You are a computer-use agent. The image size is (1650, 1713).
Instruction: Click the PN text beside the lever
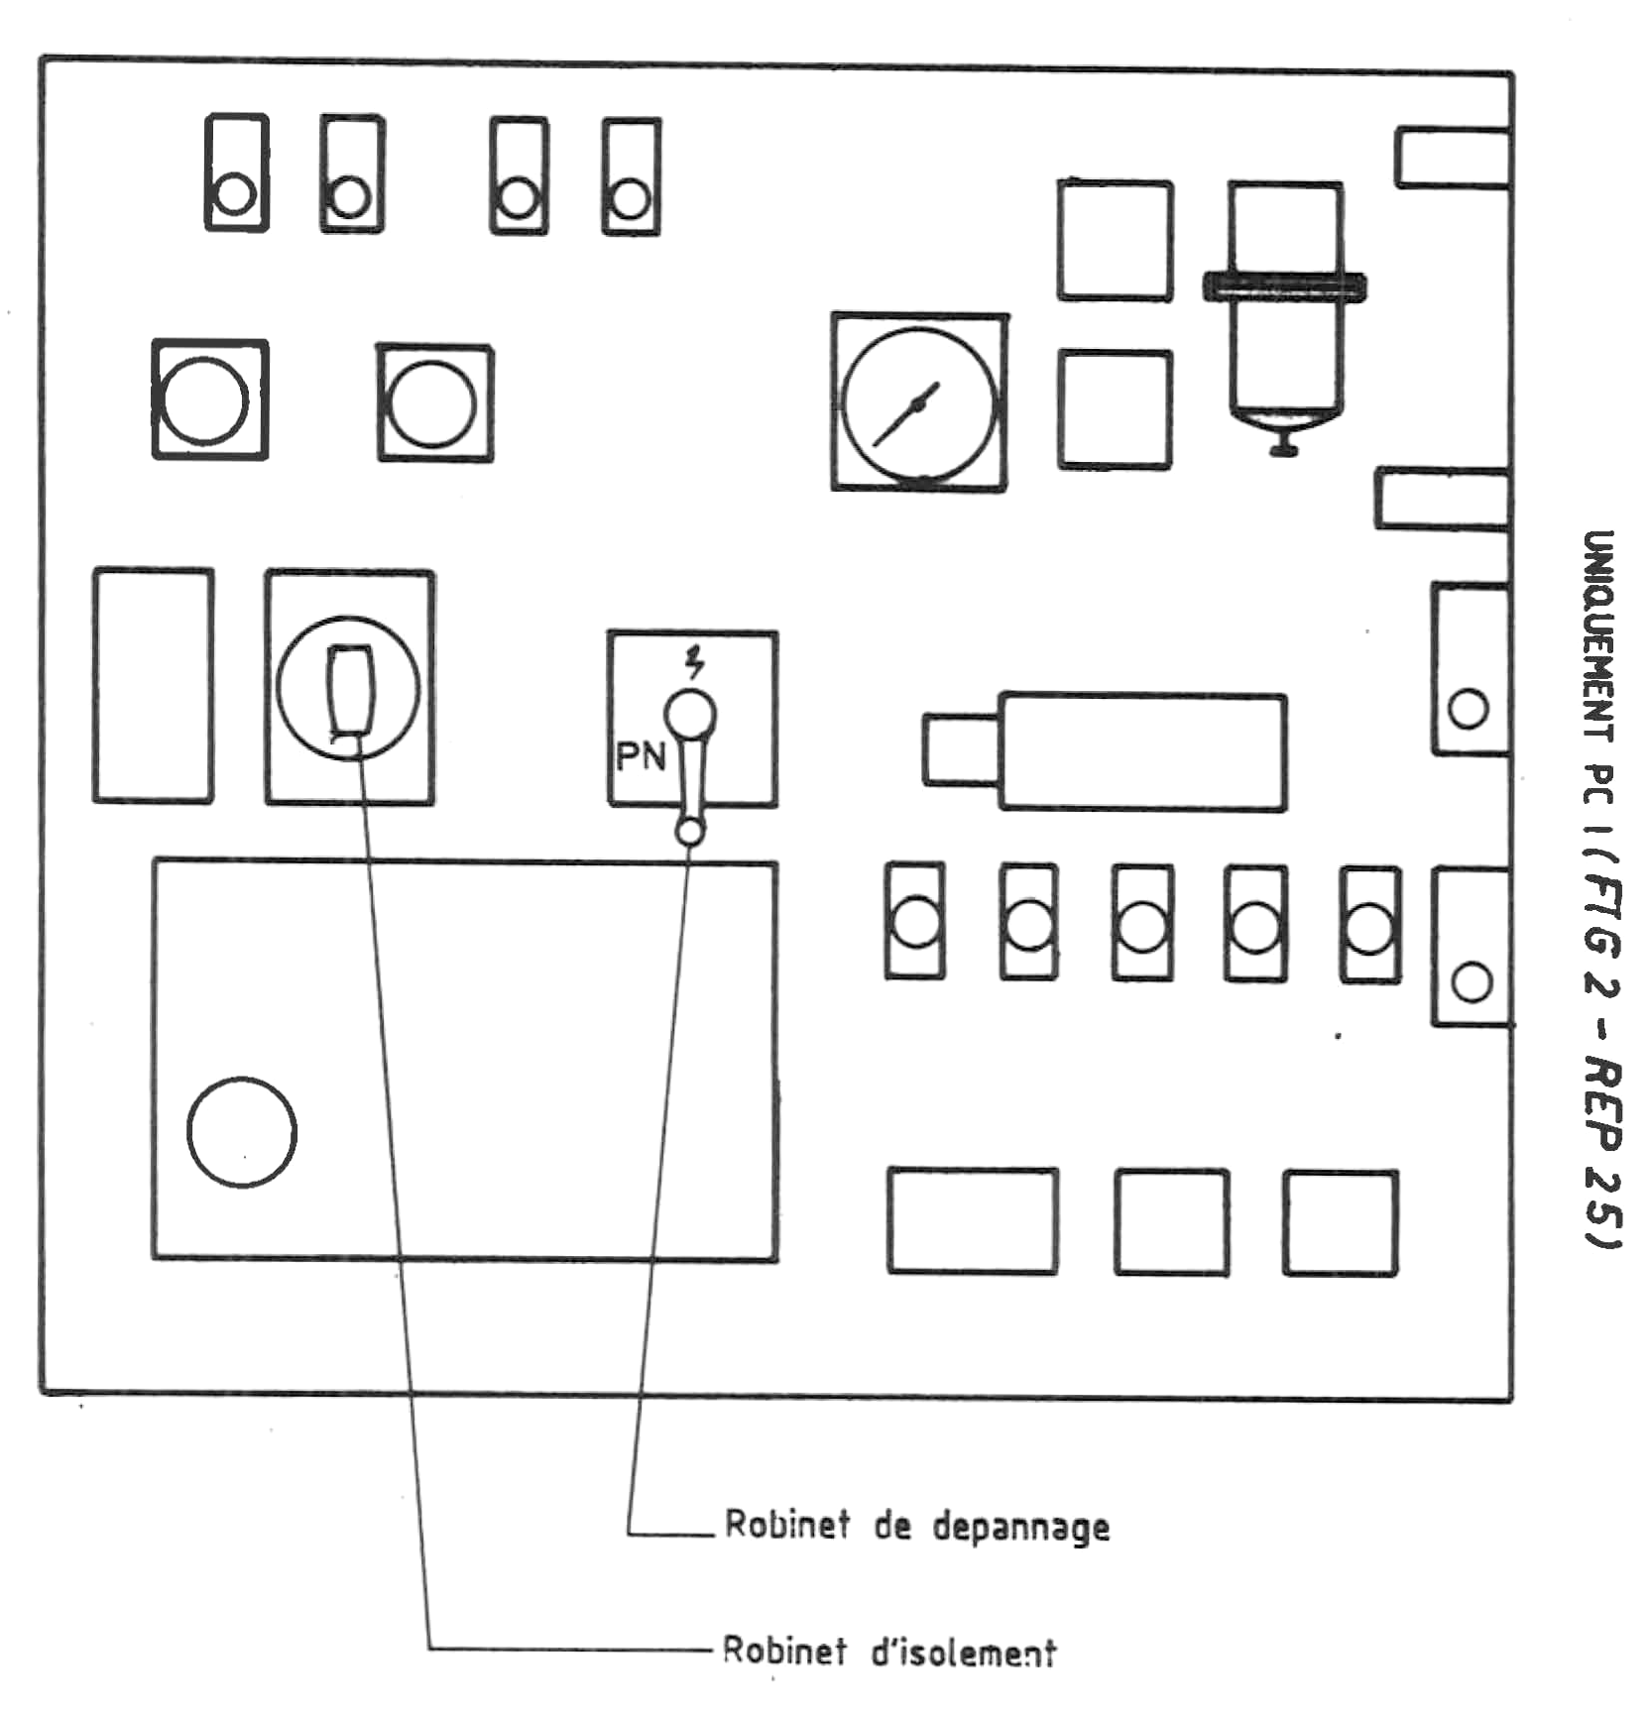tap(640, 757)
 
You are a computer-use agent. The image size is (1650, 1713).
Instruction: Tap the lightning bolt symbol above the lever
tap(695, 661)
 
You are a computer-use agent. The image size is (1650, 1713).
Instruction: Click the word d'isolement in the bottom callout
tap(963, 1653)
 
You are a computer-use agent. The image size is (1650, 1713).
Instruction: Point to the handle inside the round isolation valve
tap(350, 690)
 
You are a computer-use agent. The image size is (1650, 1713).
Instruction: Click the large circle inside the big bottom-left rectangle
tap(242, 1132)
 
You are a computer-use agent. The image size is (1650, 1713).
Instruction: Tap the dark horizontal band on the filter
tap(1284, 287)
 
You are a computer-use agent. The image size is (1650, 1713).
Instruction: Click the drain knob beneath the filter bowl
tap(1284, 449)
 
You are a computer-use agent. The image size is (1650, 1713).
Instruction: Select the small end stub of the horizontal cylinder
tap(960, 749)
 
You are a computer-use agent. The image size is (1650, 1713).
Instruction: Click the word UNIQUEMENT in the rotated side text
tap(1597, 635)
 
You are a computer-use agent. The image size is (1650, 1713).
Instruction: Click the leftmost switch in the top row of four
tap(236, 173)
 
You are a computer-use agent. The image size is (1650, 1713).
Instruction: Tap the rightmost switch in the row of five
tap(1369, 925)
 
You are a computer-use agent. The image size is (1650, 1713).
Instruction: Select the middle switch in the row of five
tap(1142, 924)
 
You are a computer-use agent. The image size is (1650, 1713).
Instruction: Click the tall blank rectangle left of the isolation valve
tap(153, 685)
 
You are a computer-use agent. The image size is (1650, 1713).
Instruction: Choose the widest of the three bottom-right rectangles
tap(972, 1220)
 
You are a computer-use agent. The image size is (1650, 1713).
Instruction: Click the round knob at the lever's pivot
tap(690, 713)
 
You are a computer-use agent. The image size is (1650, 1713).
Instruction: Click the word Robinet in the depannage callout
tap(787, 1524)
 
